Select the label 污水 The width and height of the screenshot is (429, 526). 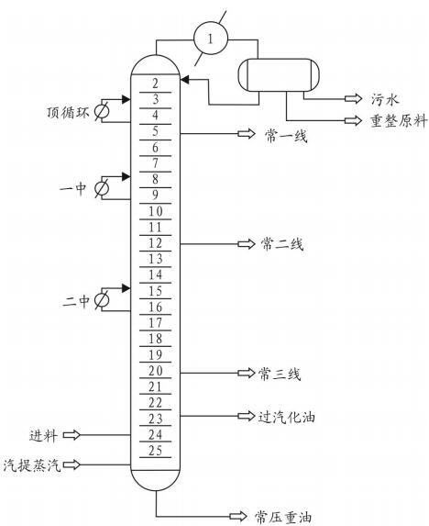point(385,99)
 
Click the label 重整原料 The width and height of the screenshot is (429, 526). point(399,121)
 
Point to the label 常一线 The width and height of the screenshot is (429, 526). point(286,136)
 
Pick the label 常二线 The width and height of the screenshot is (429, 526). point(282,244)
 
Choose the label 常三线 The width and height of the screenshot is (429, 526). point(280,374)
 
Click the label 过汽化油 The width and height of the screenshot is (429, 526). point(286,417)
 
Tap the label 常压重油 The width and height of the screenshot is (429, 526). point(283,517)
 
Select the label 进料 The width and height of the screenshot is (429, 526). point(43,435)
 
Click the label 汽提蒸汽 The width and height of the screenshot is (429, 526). point(32,464)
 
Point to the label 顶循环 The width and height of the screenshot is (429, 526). point(68,112)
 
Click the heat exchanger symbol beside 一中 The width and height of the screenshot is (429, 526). point(102,188)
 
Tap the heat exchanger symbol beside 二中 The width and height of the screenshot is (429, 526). point(102,299)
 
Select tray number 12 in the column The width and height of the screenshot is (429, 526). point(156,243)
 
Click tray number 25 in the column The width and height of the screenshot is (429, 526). point(156,450)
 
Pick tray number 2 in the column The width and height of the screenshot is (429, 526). point(155,84)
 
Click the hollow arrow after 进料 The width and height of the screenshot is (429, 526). point(71,435)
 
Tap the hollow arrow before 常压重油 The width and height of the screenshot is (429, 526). point(238,516)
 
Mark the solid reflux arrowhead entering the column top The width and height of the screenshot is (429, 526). point(185,80)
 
